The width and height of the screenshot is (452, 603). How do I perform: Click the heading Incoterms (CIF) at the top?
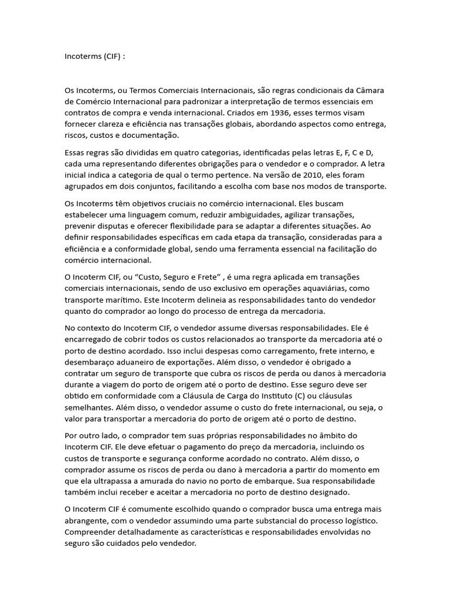click(x=94, y=57)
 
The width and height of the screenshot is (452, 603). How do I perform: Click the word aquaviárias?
click(x=335, y=288)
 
